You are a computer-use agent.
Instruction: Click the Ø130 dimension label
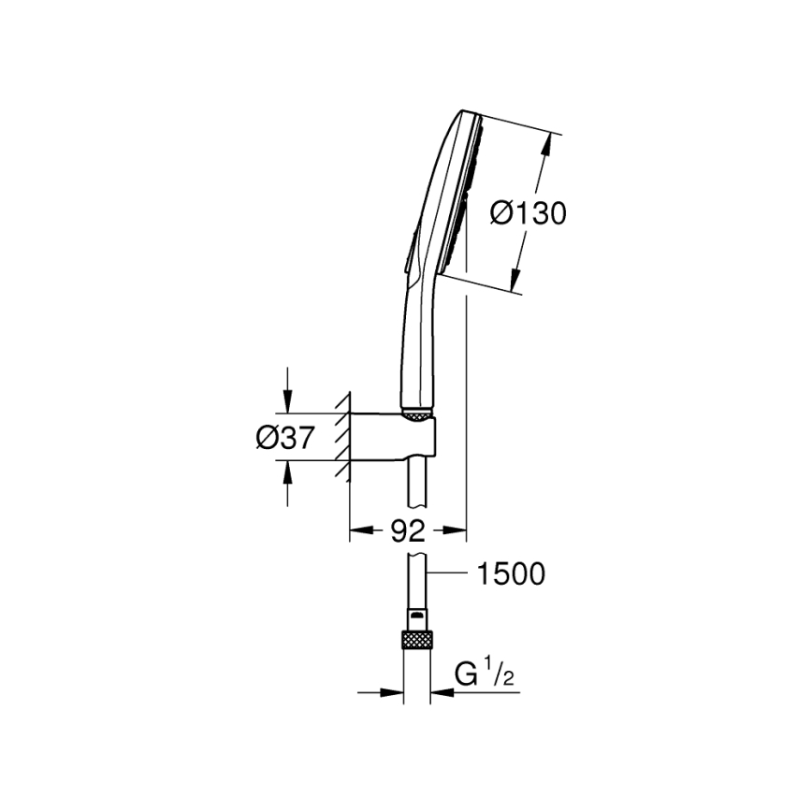tap(529, 214)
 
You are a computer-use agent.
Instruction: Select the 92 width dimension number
tap(407, 531)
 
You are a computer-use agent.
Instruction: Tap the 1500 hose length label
tap(511, 573)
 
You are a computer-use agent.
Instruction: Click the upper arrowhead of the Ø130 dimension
tap(547, 140)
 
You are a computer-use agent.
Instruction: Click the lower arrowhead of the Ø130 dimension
tap(514, 281)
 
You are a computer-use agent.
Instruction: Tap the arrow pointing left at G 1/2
tap(440, 692)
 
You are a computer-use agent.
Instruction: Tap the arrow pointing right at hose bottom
tap(394, 692)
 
